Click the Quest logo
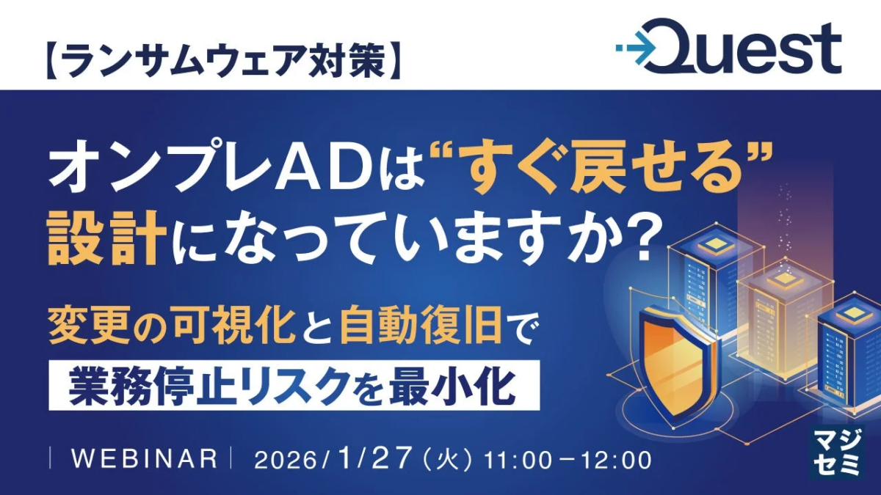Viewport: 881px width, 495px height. tap(728, 47)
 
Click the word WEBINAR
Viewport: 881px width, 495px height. tap(145, 459)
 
